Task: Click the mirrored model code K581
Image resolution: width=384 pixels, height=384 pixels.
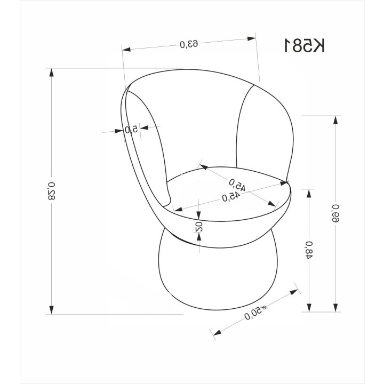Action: (x=305, y=45)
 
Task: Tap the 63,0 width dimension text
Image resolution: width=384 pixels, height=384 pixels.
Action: (x=189, y=44)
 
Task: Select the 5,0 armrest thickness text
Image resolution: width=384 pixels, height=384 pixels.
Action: (x=131, y=129)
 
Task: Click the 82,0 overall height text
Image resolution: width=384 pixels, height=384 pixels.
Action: (x=51, y=191)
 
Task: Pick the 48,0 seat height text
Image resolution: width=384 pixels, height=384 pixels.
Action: (x=309, y=250)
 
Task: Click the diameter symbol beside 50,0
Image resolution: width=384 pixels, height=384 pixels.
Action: (x=264, y=308)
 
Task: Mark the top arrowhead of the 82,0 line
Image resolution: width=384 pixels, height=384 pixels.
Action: (x=51, y=73)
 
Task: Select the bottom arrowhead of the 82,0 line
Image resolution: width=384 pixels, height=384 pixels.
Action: (x=51, y=309)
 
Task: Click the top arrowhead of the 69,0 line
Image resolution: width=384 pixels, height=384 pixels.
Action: (x=336, y=120)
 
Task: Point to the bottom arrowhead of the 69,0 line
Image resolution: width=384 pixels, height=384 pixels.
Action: (x=336, y=308)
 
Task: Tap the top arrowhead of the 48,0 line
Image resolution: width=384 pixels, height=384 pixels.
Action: (x=309, y=194)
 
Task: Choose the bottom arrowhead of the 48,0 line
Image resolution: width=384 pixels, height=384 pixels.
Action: (x=309, y=308)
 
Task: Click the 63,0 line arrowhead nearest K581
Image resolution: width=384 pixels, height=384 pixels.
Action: (x=252, y=38)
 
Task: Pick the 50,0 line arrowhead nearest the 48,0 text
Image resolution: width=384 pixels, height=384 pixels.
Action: (x=294, y=292)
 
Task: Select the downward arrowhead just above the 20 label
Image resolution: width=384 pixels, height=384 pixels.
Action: (x=198, y=215)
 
